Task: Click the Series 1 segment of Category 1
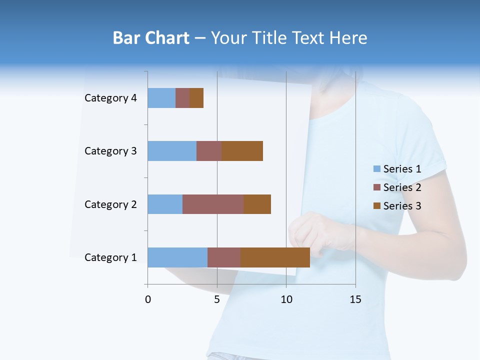click(x=177, y=257)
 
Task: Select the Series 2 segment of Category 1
click(x=224, y=257)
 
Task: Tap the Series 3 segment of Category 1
click(x=275, y=257)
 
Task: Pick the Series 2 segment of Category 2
click(x=213, y=204)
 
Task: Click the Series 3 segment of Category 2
click(x=257, y=204)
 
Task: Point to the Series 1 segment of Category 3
click(x=172, y=151)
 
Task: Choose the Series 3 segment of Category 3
click(x=242, y=151)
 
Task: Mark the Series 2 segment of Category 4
click(x=182, y=98)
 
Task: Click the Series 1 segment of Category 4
click(x=161, y=98)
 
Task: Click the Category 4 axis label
click(x=110, y=98)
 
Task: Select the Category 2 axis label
click(x=110, y=204)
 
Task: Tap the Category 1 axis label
click(x=110, y=257)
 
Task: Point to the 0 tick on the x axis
click(x=148, y=299)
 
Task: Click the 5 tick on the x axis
click(x=217, y=299)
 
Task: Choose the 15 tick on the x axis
click(x=355, y=299)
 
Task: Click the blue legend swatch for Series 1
click(x=377, y=169)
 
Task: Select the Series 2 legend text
click(x=402, y=187)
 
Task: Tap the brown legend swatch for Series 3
click(x=377, y=206)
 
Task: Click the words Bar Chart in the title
click(x=151, y=38)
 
